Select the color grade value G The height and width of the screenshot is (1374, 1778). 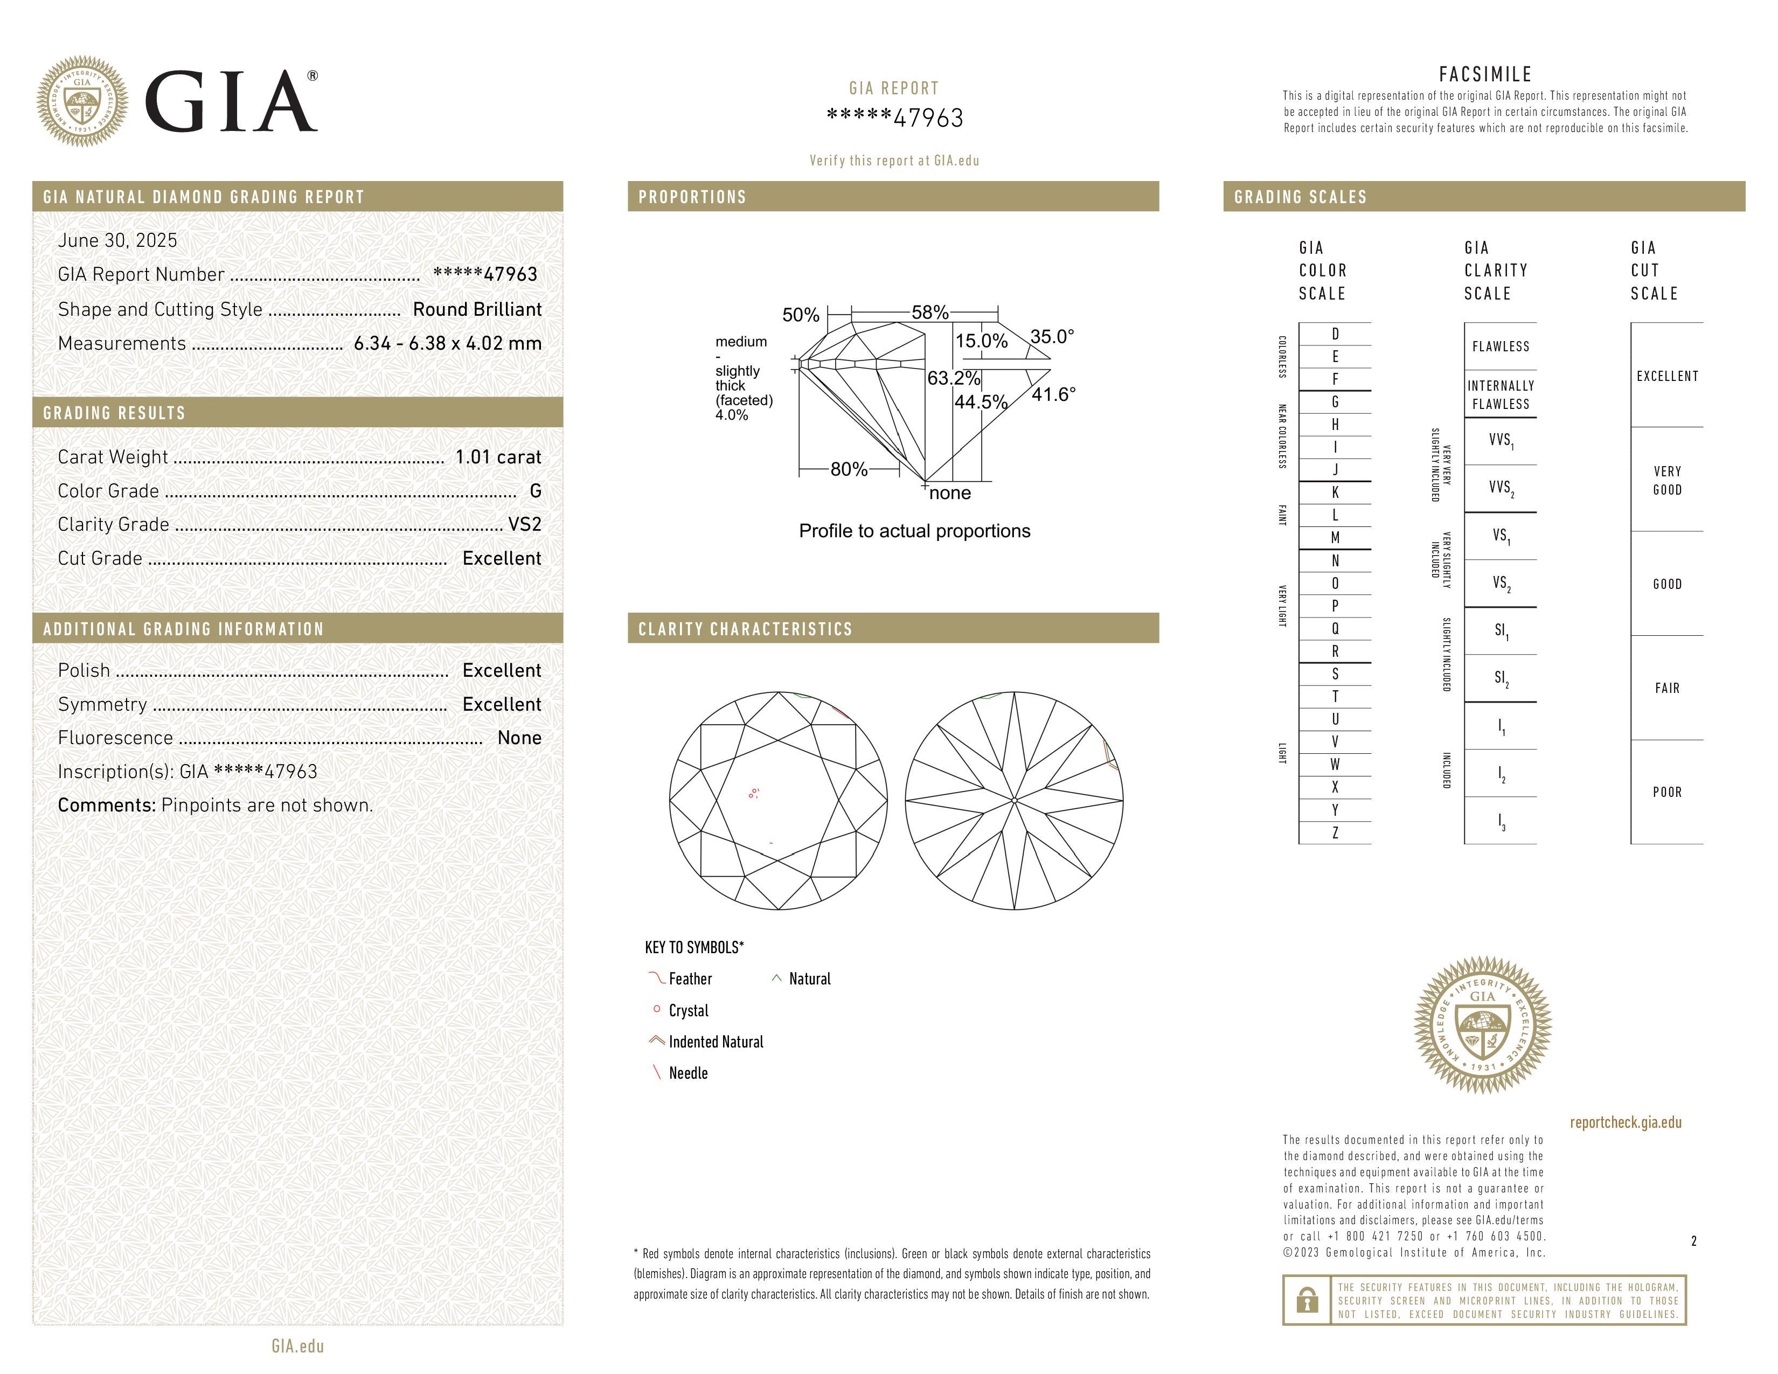click(535, 491)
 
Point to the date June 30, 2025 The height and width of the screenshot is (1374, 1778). click(117, 240)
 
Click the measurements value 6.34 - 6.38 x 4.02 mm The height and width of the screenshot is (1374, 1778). click(447, 344)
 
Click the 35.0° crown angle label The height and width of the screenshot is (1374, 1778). click(1052, 337)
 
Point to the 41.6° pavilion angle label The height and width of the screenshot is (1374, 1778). click(1053, 395)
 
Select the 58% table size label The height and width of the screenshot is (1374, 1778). click(930, 313)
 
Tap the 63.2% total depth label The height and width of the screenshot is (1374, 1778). click(953, 378)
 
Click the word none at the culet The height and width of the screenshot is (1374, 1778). click(949, 493)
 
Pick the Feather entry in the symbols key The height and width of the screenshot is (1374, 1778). click(690, 979)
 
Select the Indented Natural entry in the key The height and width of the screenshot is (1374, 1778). click(716, 1042)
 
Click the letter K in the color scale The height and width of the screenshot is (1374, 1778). click(1335, 492)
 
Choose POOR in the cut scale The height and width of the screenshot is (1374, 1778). click(1666, 792)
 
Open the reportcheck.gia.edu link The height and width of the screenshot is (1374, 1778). click(1625, 1122)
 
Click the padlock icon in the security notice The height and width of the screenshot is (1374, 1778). click(1307, 1300)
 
